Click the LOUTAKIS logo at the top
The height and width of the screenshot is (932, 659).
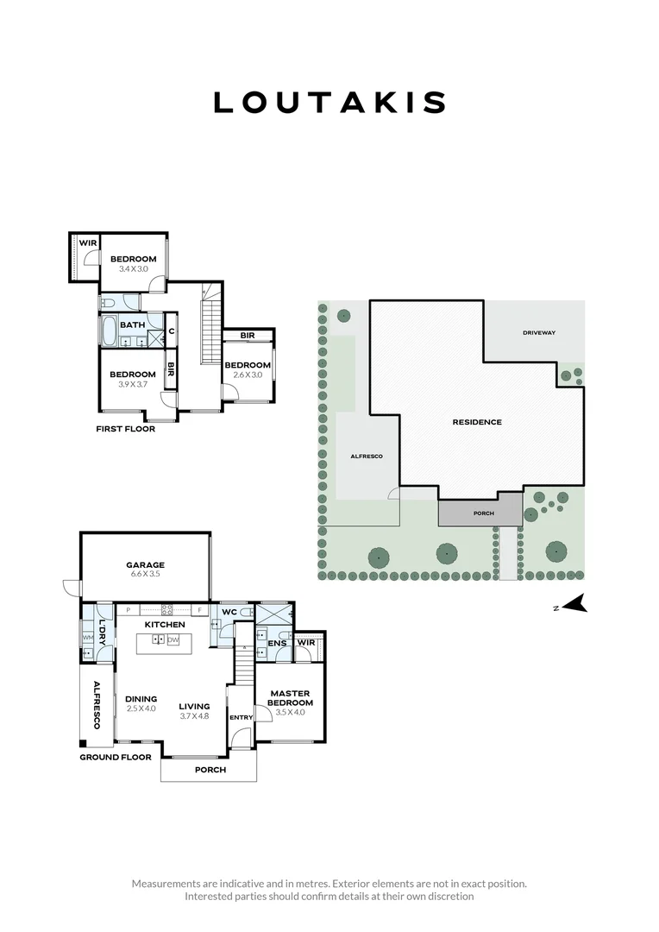[329, 103]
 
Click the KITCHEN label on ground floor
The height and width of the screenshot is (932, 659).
[165, 624]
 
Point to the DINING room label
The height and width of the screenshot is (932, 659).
[141, 699]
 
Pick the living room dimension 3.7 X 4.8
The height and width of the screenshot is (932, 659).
[195, 715]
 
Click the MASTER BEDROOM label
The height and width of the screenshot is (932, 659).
[290, 698]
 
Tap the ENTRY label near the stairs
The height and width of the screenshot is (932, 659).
[240, 717]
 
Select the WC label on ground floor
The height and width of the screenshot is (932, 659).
[229, 612]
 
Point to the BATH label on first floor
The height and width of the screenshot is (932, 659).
[132, 324]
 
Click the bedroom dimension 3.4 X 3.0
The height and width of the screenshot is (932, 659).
[133, 269]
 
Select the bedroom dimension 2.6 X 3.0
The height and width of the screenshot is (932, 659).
[248, 375]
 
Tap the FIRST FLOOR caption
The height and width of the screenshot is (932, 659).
[126, 429]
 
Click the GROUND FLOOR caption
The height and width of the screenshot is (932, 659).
[116, 758]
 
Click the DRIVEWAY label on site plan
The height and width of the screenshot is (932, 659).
[539, 333]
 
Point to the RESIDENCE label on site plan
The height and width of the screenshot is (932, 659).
[477, 422]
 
